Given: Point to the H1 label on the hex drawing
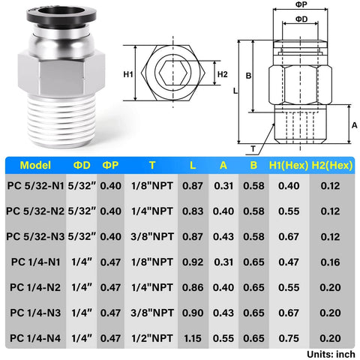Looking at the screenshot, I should [x=127, y=74].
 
